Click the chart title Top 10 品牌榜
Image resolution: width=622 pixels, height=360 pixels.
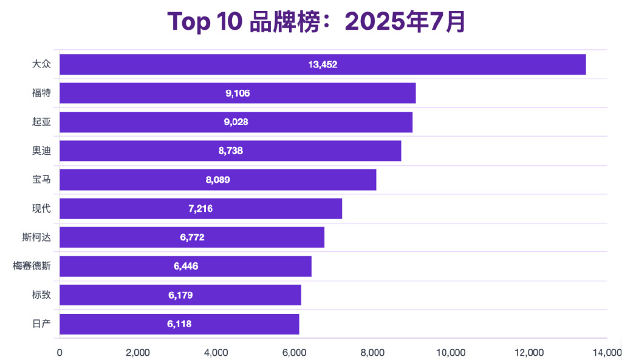click(316, 22)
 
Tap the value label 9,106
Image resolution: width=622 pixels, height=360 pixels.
click(238, 93)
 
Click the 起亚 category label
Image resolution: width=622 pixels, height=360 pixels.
click(41, 122)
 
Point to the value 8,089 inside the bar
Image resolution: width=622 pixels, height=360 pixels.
click(218, 180)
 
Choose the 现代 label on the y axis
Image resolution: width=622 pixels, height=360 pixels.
click(41, 209)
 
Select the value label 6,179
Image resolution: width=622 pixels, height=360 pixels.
click(180, 295)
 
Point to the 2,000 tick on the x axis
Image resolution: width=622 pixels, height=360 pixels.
click(138, 353)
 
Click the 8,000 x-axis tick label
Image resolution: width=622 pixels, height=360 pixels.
click(373, 353)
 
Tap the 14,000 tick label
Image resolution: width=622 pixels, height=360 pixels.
click(607, 353)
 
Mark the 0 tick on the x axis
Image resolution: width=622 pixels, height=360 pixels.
click(60, 353)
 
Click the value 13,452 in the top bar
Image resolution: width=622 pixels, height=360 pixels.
click(323, 64)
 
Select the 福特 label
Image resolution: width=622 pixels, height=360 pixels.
click(41, 93)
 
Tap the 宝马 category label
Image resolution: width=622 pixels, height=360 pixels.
click(41, 180)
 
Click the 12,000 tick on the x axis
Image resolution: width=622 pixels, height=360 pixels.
click(529, 353)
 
